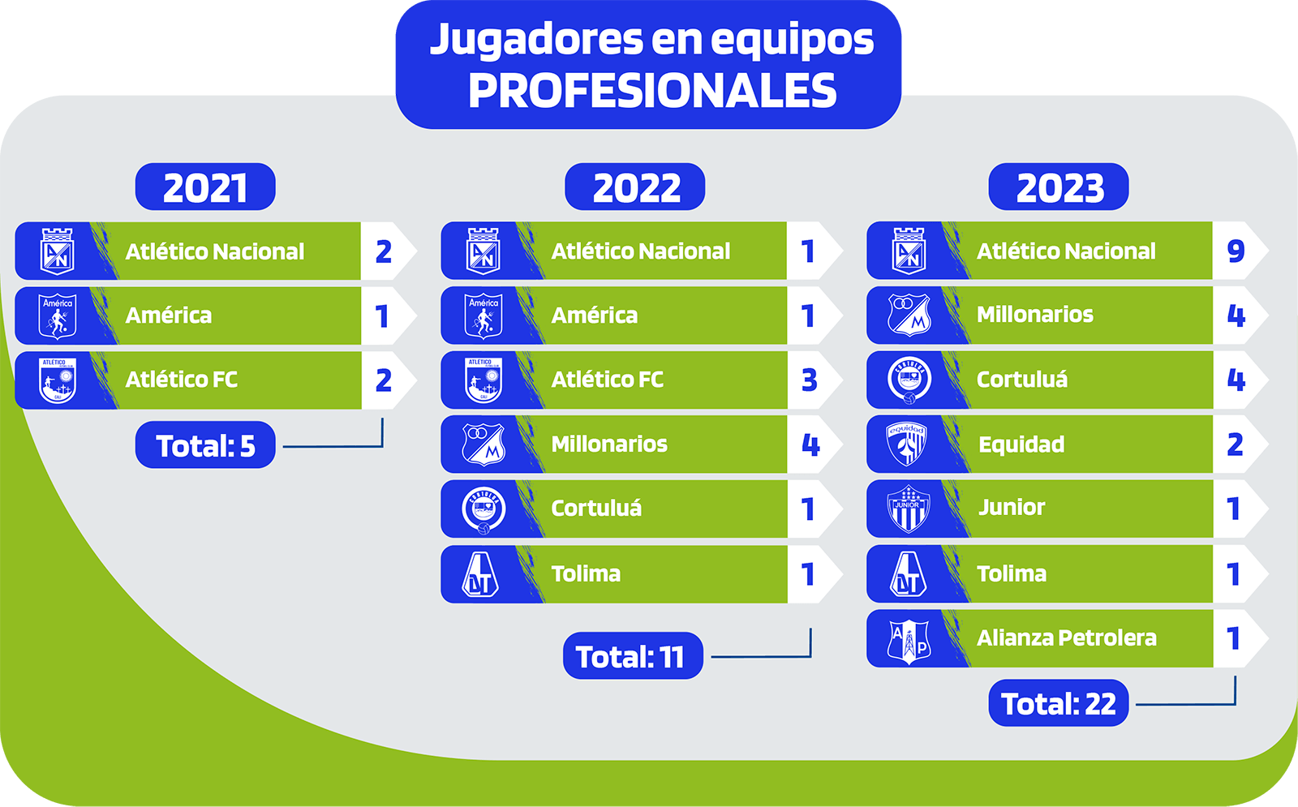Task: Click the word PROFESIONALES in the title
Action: coord(652,90)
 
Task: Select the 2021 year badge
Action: coord(205,187)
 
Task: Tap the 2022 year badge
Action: coord(635,187)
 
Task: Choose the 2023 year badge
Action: coord(1059,187)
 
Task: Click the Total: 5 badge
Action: coord(205,445)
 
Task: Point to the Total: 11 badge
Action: coord(633,656)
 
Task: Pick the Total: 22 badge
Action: coord(1059,702)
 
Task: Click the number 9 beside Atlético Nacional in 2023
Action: coord(1236,251)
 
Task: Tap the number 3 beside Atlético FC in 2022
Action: coord(810,380)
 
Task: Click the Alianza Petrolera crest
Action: coord(909,639)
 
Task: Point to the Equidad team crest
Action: coord(907,444)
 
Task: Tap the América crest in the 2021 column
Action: coord(58,316)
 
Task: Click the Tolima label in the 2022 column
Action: coord(586,573)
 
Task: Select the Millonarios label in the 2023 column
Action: coord(1035,315)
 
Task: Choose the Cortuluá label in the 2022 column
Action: coord(596,508)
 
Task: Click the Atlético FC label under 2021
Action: coord(182,380)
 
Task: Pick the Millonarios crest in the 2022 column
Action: coord(484,444)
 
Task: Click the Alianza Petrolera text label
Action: coord(1067,637)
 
